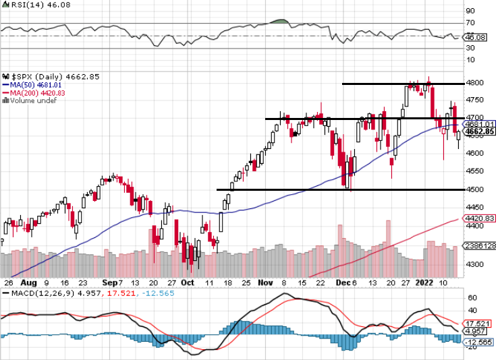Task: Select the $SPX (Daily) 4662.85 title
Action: [x=38, y=76]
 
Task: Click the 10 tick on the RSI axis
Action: [x=470, y=60]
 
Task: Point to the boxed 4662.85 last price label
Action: [x=481, y=132]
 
